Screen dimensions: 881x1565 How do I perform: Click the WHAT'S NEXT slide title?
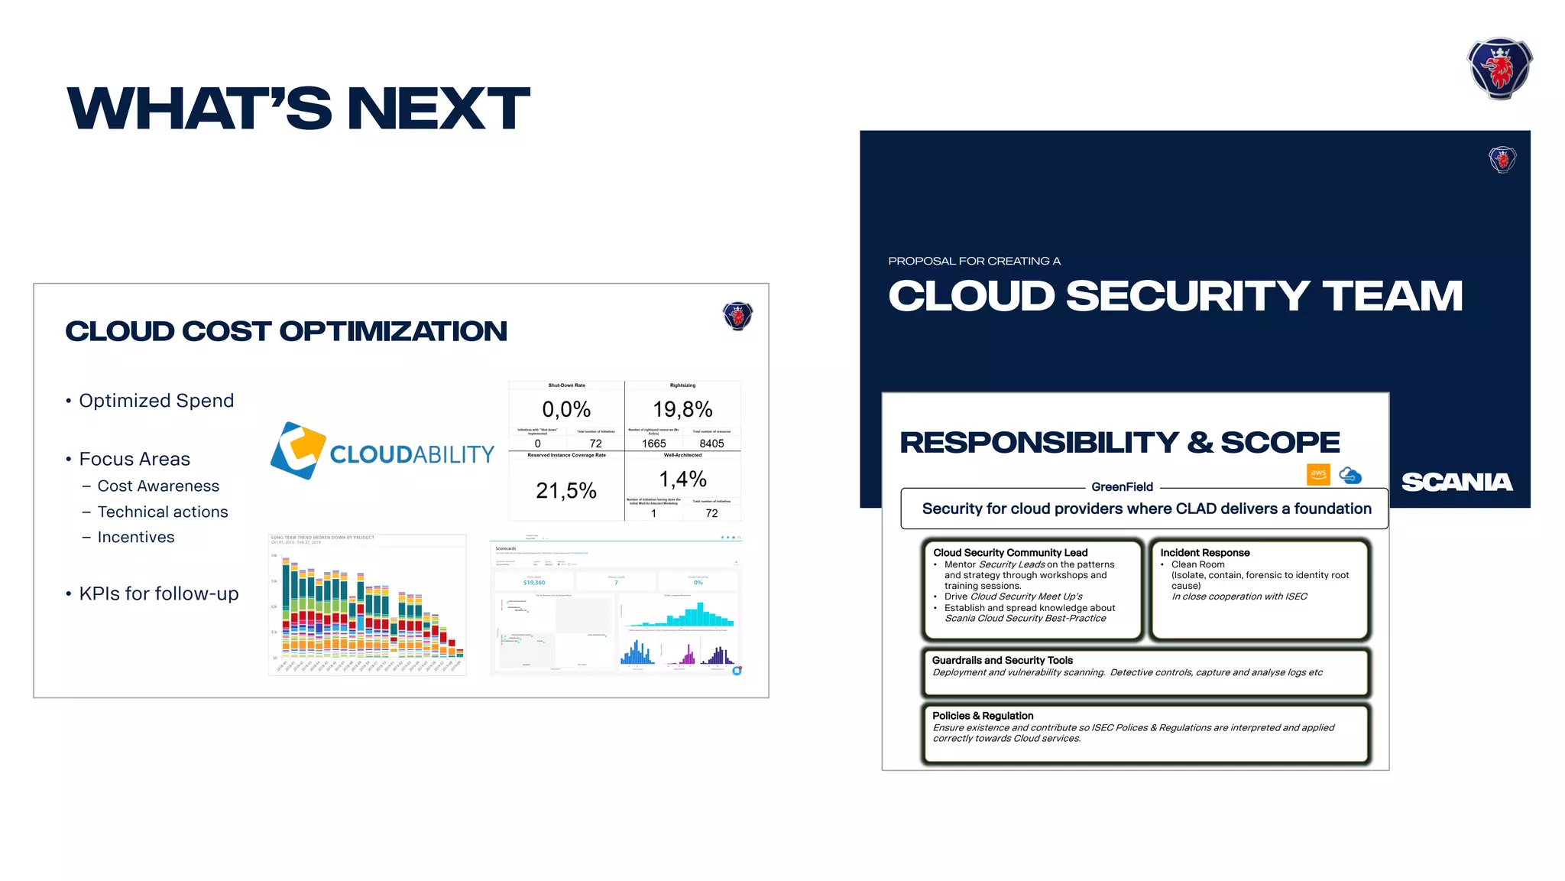pyautogui.click(x=298, y=108)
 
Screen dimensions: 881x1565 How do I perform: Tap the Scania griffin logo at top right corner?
pyautogui.click(x=1499, y=69)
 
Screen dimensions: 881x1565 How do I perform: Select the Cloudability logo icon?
pyautogui.click(x=298, y=450)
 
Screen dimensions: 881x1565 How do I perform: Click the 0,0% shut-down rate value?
pyautogui.click(x=566, y=409)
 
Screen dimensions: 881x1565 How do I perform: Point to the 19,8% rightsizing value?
pyautogui.click(x=682, y=409)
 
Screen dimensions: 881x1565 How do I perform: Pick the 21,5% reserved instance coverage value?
pyautogui.click(x=566, y=490)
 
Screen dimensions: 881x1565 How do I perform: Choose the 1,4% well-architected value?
pyautogui.click(x=682, y=480)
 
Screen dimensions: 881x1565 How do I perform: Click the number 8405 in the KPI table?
pyautogui.click(x=711, y=444)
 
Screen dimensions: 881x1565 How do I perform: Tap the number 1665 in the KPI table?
pyautogui.click(x=653, y=444)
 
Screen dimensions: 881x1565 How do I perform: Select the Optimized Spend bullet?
pyautogui.click(x=156, y=401)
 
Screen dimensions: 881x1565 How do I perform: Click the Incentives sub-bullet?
pyautogui.click(x=136, y=538)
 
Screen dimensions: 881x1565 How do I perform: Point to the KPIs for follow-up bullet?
pyautogui.click(x=159, y=593)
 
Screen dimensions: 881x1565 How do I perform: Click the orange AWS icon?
pyautogui.click(x=1318, y=474)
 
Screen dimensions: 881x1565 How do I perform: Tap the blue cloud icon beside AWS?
pyautogui.click(x=1350, y=475)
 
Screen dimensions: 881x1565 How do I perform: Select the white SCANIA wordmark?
pyautogui.click(x=1456, y=482)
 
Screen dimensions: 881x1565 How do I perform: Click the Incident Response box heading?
pyautogui.click(x=1205, y=553)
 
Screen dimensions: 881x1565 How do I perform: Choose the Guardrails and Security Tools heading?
pyautogui.click(x=1002, y=660)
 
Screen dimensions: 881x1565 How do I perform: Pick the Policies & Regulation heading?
pyautogui.click(x=983, y=716)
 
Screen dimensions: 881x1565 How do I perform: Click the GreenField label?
pyautogui.click(x=1122, y=487)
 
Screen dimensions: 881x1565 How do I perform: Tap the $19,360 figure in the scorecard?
pyautogui.click(x=534, y=583)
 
